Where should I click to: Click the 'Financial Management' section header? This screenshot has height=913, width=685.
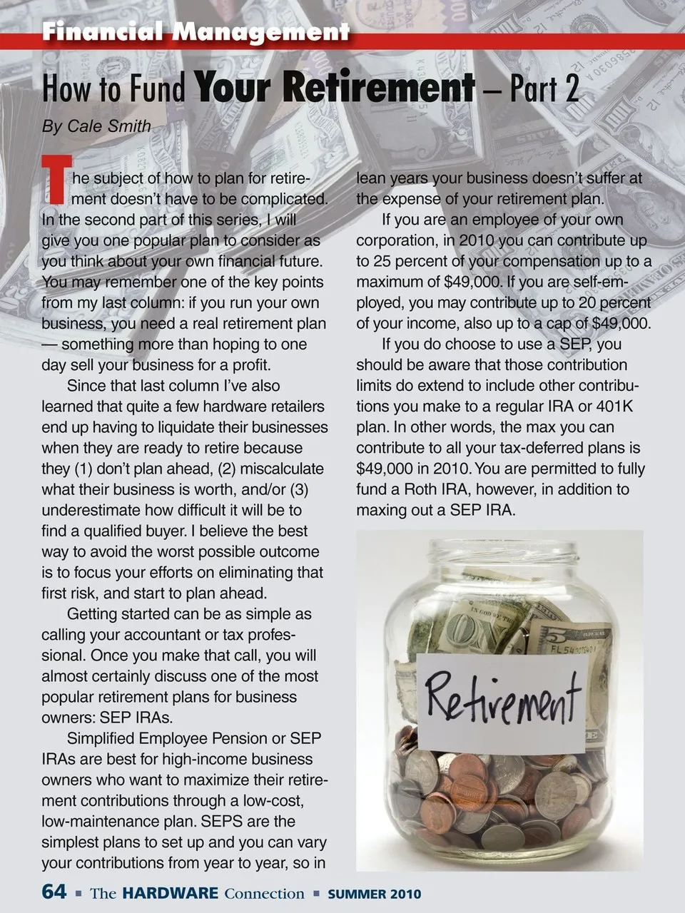pyautogui.click(x=196, y=32)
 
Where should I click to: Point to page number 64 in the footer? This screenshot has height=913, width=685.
pyautogui.click(x=54, y=892)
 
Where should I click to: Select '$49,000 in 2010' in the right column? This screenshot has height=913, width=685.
pyautogui.click(x=412, y=469)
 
